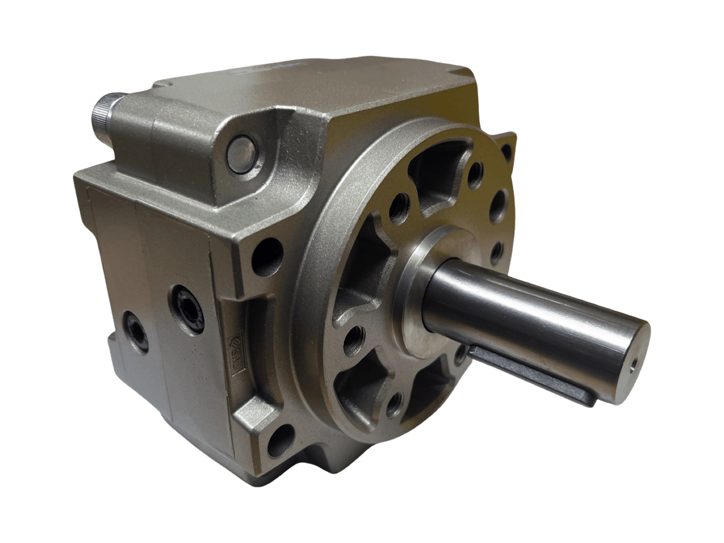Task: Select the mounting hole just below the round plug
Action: point(267,256)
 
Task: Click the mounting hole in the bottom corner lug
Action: point(281,441)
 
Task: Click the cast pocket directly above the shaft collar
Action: point(440,175)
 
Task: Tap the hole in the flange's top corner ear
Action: point(506,151)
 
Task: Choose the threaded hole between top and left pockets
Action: point(399,208)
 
